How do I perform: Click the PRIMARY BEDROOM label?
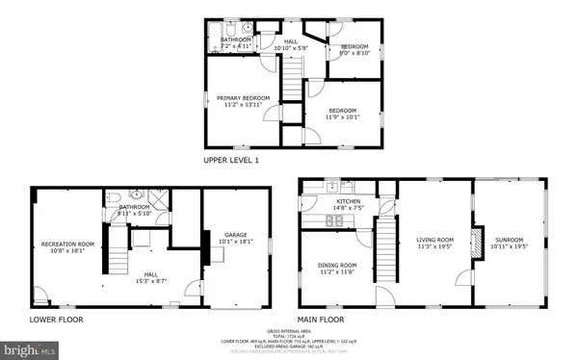241,98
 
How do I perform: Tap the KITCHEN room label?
349,202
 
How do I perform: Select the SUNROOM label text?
510,240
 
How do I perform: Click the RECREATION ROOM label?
66,244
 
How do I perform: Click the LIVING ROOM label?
434,240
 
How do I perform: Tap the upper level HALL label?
290,41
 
